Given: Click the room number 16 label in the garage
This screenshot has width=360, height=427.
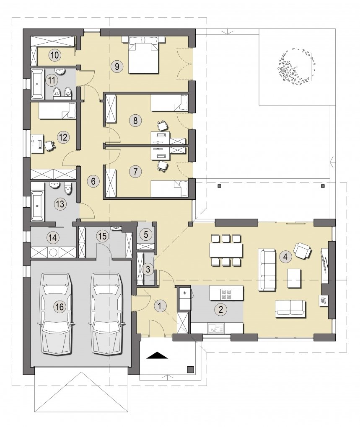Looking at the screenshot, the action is click(x=60, y=307).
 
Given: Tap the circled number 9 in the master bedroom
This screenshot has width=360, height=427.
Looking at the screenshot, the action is click(x=117, y=66).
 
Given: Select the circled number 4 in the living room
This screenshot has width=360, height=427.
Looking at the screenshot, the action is click(x=285, y=257).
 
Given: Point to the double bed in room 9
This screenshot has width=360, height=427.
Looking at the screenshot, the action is click(x=144, y=55).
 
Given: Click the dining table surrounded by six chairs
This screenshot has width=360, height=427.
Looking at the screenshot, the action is click(x=226, y=250).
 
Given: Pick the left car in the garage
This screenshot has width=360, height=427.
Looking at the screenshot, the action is click(x=57, y=314).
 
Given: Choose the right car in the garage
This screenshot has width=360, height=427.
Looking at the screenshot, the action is click(x=107, y=314).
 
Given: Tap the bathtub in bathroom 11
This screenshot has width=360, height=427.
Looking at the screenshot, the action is click(x=37, y=84).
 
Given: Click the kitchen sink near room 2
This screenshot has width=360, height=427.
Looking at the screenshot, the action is click(x=215, y=328).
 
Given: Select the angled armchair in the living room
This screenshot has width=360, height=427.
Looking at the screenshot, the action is click(x=302, y=250).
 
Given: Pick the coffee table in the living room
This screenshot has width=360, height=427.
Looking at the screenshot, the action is click(x=294, y=278).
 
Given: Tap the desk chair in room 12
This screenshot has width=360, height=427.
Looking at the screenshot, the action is click(x=49, y=145).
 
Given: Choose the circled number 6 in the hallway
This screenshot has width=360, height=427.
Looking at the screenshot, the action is click(x=93, y=181).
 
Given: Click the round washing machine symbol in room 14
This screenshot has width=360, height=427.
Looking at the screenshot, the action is click(x=52, y=252).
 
